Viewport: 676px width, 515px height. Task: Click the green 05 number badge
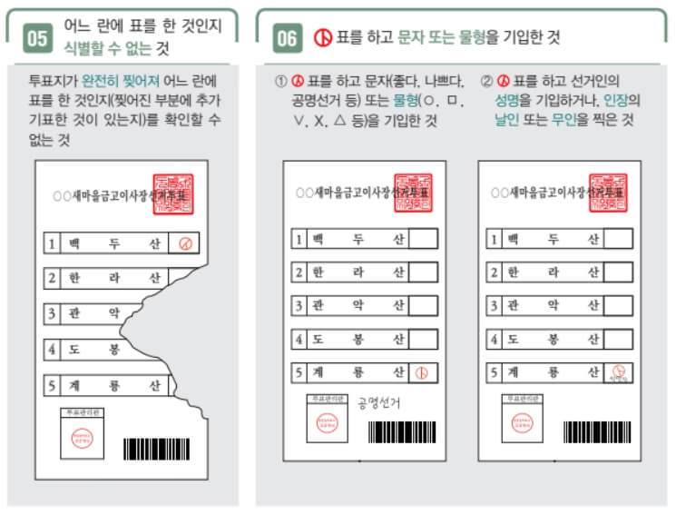click(38, 37)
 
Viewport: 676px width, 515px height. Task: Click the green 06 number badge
click(288, 37)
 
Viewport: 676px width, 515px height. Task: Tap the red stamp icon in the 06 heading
click(321, 37)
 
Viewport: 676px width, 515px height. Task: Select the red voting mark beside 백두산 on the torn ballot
click(185, 243)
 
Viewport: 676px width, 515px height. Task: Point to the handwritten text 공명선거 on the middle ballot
click(378, 402)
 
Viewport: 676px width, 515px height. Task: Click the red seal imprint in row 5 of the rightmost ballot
click(617, 371)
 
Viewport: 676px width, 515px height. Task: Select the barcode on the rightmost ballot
click(596, 431)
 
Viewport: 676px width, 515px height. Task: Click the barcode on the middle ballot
click(402, 431)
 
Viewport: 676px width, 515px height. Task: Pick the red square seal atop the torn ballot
click(172, 193)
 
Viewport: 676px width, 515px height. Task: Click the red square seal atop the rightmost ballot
click(608, 193)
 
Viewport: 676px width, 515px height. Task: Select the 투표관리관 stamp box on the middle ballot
click(327, 419)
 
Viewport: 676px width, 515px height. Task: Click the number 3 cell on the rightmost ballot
click(494, 305)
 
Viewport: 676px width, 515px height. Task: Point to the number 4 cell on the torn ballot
click(53, 349)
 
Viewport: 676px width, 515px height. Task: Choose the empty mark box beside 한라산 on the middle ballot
click(423, 272)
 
